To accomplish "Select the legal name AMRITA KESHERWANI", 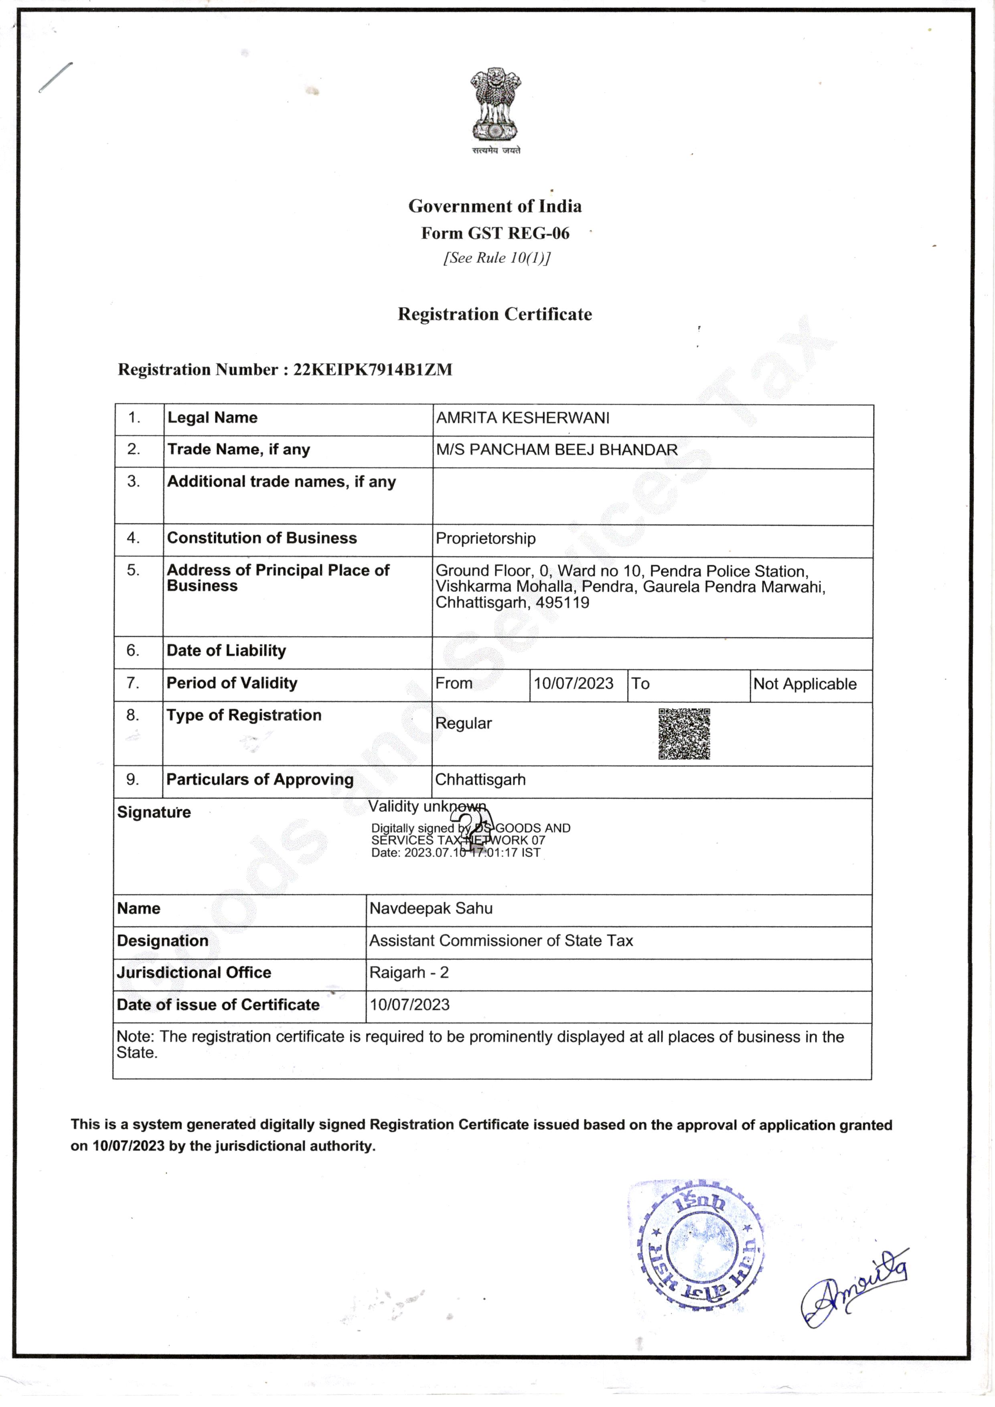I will coord(523,418).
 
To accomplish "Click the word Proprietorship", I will coord(485,539).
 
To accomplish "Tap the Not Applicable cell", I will coord(805,684).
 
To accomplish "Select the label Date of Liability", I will coord(226,651).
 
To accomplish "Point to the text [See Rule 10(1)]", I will coord(496,258).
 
